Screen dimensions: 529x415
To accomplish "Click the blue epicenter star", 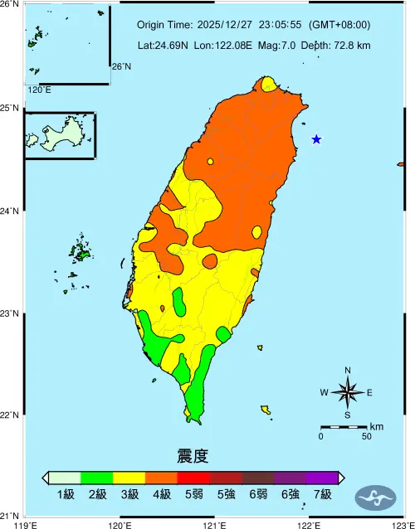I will [x=316, y=139].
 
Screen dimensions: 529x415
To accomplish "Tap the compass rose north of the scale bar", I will [x=348, y=392].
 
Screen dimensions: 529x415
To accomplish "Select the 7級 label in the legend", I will [x=322, y=495].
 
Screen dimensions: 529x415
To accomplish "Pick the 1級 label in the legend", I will [x=66, y=495].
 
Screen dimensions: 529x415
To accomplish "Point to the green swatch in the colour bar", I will [x=97, y=478].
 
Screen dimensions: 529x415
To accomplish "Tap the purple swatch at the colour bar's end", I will [x=322, y=478].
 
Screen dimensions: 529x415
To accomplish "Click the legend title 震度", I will [x=193, y=456].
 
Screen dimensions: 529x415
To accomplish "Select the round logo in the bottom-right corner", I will [x=375, y=497].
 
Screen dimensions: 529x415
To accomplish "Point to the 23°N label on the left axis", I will [x=11, y=313].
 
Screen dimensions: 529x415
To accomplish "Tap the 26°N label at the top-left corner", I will [x=11, y=5].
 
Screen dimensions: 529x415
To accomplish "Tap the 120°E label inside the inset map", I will [x=39, y=90].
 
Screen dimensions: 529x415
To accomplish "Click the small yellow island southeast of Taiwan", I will [x=266, y=409].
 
